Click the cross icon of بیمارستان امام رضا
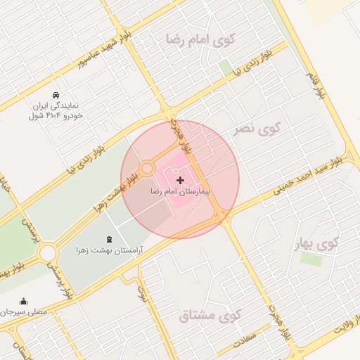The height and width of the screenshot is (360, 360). point(180,181)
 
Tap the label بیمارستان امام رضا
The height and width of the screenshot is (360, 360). point(180,191)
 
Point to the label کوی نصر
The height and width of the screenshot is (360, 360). point(257,129)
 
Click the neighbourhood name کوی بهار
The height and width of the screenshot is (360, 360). point(316,243)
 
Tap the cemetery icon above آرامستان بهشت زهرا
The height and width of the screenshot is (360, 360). point(108,240)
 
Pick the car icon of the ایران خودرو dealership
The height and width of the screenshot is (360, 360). point(56,95)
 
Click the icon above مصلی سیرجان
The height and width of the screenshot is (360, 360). point(24,300)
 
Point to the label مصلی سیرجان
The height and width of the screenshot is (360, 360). point(24,311)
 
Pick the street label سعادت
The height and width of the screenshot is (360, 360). point(249,337)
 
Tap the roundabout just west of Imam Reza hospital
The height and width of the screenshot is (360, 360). point(147,169)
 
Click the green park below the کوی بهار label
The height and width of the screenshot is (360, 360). point(310,259)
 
